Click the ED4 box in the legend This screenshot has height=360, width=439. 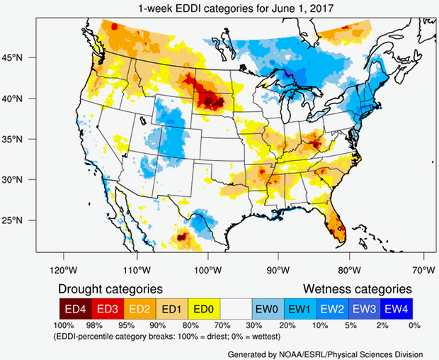(74, 308)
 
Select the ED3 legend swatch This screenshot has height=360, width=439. (107, 308)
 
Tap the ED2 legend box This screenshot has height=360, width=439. (139, 308)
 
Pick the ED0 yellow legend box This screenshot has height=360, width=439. (204, 308)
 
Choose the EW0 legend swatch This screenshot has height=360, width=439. (266, 308)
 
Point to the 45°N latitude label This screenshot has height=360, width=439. (21, 57)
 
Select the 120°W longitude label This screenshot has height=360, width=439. (63, 269)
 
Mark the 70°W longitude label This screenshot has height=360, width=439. (423, 269)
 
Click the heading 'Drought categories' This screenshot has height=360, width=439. (110, 289)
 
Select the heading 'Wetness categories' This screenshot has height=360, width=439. (358, 289)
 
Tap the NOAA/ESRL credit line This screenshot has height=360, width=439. (326, 352)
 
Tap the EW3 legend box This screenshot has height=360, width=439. (363, 308)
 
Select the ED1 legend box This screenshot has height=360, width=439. (171, 308)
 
